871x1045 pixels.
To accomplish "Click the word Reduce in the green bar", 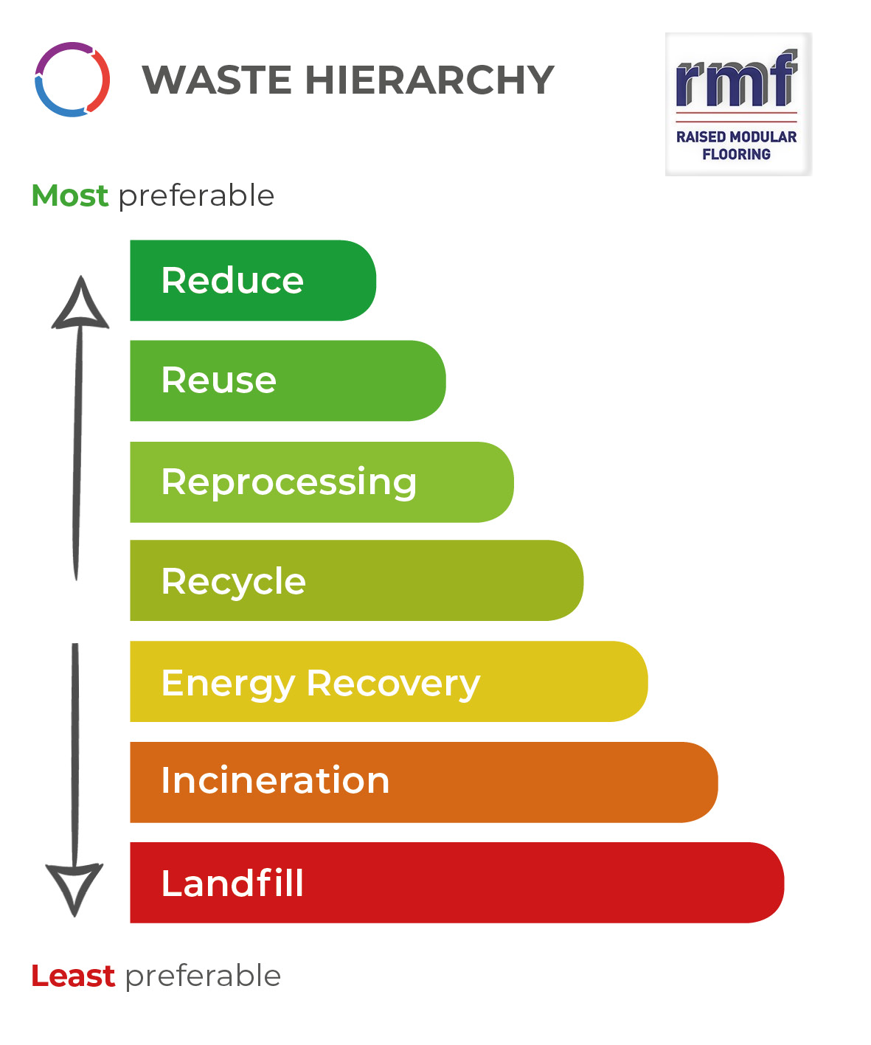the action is tap(232, 280).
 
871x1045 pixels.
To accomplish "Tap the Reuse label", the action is tap(219, 381).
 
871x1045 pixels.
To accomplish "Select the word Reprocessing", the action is tap(289, 483).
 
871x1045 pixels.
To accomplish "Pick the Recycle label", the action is tap(233, 582).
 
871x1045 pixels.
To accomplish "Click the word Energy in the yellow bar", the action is tap(229, 684).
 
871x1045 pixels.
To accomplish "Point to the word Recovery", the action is tap(393, 684).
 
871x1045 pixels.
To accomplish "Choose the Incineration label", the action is tap(275, 781).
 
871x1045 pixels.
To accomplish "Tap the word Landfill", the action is tap(232, 883).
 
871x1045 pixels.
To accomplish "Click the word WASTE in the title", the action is tap(217, 80).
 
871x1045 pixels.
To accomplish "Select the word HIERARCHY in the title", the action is tap(429, 80).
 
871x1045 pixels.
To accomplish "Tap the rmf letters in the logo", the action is tap(736, 78).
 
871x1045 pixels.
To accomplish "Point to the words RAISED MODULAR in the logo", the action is tap(736, 137).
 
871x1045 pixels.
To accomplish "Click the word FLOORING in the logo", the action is tap(736, 154).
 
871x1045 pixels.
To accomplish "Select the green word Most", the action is tap(69, 195).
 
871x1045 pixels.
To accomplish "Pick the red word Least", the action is tap(73, 976).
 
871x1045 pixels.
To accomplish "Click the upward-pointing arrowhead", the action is tap(80, 305).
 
